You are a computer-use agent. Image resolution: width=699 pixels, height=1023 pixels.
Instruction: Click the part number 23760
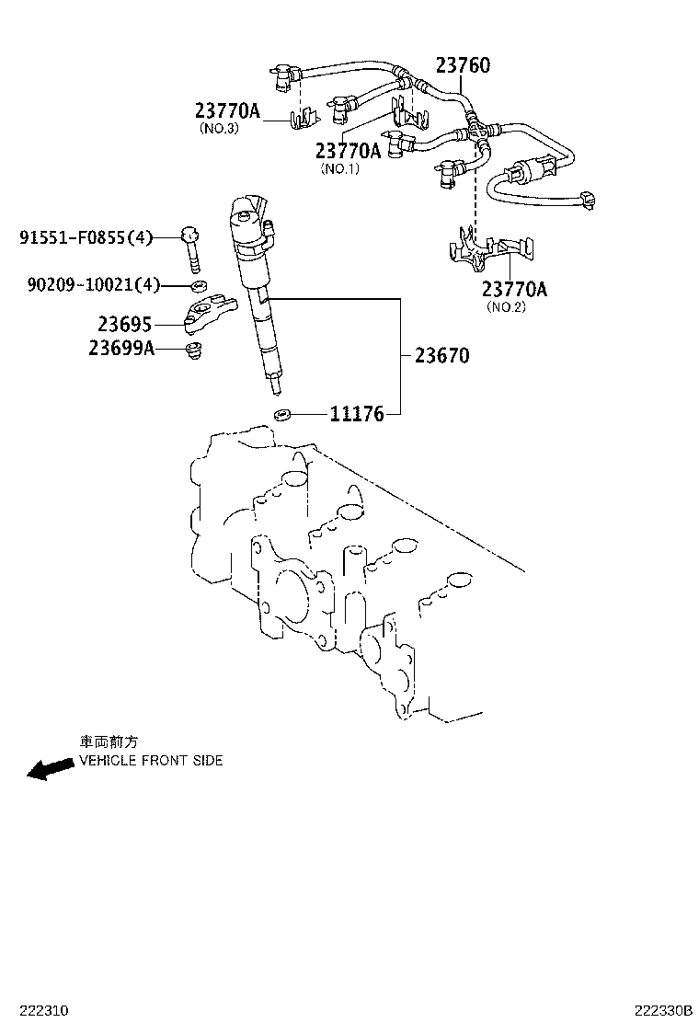point(463,65)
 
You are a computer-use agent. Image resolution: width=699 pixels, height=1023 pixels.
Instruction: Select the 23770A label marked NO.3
point(227,111)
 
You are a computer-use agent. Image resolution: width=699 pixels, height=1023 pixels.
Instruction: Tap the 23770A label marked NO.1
point(348,151)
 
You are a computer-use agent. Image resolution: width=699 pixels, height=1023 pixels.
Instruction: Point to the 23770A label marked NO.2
point(514,289)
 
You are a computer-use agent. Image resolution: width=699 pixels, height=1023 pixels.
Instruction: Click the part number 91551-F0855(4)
point(86,238)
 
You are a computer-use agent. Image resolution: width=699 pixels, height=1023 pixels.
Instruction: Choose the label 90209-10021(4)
point(93,285)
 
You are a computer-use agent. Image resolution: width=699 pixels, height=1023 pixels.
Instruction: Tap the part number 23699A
point(121,348)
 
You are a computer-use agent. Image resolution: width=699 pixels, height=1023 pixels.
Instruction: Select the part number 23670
point(441,355)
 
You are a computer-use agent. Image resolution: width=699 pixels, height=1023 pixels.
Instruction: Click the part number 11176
point(357,415)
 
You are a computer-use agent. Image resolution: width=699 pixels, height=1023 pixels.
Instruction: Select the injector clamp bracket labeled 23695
point(212,313)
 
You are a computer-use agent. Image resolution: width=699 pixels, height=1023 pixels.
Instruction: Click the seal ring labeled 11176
point(283,414)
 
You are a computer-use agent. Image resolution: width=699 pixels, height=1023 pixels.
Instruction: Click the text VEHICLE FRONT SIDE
point(151,761)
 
